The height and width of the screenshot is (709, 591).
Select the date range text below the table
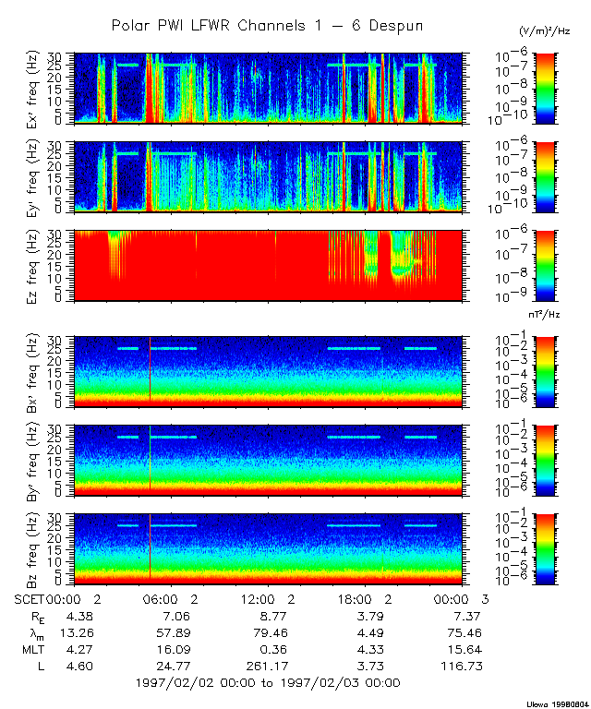pos(267,683)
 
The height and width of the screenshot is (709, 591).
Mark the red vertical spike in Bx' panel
pos(150,369)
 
